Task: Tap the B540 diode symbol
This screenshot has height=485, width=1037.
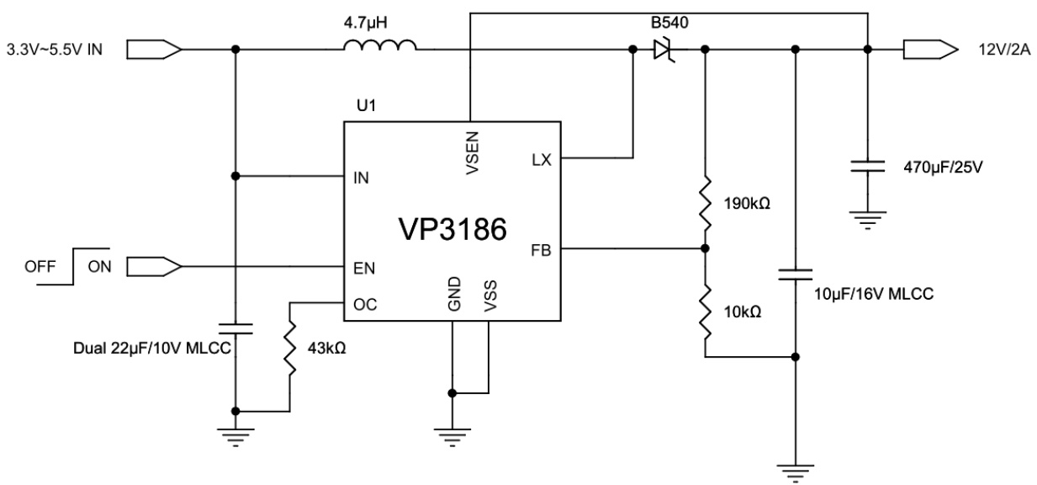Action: (665, 51)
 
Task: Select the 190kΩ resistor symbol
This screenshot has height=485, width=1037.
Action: (704, 203)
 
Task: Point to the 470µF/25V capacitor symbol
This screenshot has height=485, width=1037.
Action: (866, 168)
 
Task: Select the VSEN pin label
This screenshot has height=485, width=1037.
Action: (471, 154)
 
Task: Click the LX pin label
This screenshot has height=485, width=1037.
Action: (541, 159)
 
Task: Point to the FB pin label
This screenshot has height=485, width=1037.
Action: (541, 249)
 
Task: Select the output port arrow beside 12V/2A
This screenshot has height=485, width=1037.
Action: (930, 51)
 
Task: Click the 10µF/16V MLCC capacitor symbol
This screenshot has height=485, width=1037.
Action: (795, 274)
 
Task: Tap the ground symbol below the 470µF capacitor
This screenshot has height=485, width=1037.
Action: (866, 220)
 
